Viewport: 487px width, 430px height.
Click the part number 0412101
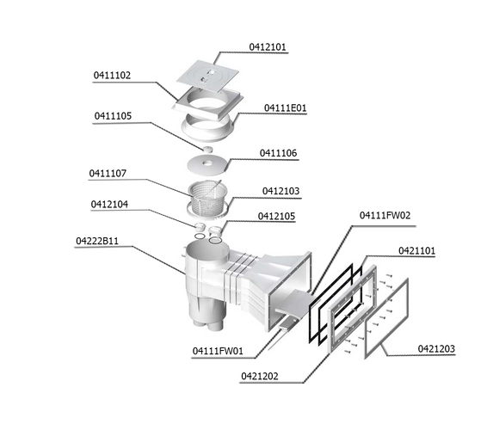tap(268, 47)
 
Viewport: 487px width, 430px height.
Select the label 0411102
tap(112, 76)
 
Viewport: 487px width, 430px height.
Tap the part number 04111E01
tap(285, 108)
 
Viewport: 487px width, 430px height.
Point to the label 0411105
tap(113, 116)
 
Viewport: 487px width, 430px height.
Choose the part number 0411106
tap(278, 153)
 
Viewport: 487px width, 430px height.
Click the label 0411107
tap(108, 173)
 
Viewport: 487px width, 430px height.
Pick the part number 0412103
tap(280, 191)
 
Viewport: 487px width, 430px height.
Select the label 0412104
tap(109, 205)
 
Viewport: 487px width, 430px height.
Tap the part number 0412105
tap(276, 216)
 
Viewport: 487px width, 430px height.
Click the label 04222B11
tap(97, 241)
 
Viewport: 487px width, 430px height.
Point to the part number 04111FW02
tap(385, 215)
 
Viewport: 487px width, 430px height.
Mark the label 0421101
tap(416, 250)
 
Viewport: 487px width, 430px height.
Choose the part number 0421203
tap(436, 348)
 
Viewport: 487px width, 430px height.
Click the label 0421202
tap(260, 377)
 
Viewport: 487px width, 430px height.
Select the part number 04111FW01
tap(218, 351)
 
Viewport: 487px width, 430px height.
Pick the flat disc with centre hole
tap(207, 163)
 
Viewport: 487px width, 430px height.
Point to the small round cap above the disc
tap(208, 150)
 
